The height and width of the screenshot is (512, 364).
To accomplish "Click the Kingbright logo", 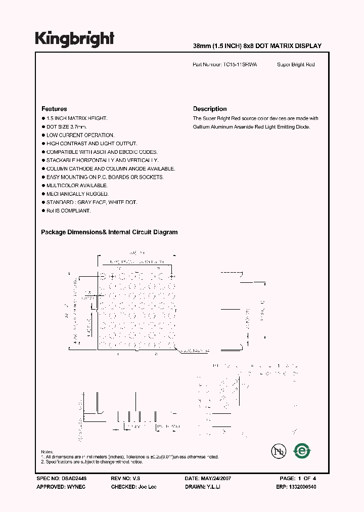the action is [x=75, y=38].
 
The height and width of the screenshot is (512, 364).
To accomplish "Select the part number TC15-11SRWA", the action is [x=240, y=65].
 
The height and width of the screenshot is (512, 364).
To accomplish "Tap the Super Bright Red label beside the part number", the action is [x=296, y=65].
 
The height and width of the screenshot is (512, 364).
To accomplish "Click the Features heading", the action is [x=54, y=109].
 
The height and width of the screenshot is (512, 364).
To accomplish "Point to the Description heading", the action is [x=210, y=109].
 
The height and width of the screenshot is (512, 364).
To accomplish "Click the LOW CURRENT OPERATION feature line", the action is [x=80, y=135].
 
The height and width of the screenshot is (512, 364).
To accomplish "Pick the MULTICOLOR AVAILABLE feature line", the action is [x=77, y=186].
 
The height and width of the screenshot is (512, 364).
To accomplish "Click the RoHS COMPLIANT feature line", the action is [x=69, y=210].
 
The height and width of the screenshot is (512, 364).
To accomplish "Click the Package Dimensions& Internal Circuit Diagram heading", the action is [x=109, y=232].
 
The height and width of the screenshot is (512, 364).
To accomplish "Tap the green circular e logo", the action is [x=302, y=450].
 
